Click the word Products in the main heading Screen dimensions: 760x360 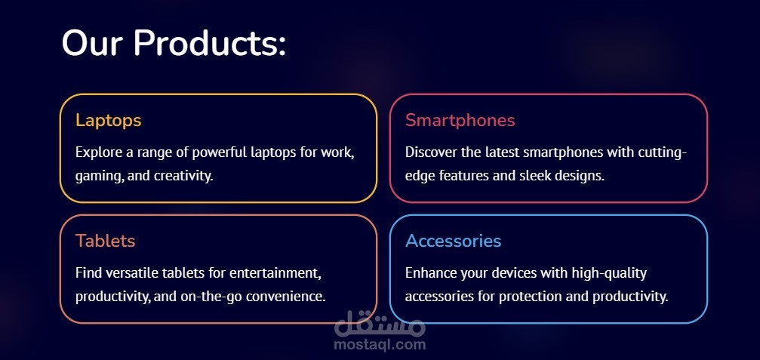click(x=209, y=43)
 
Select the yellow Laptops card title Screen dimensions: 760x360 click(x=108, y=121)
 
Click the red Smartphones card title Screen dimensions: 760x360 click(x=460, y=120)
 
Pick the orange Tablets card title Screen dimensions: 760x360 click(x=105, y=241)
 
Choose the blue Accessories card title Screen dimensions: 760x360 click(x=453, y=241)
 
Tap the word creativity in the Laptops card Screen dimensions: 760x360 click(x=183, y=176)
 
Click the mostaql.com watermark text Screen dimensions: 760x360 click(x=380, y=344)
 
